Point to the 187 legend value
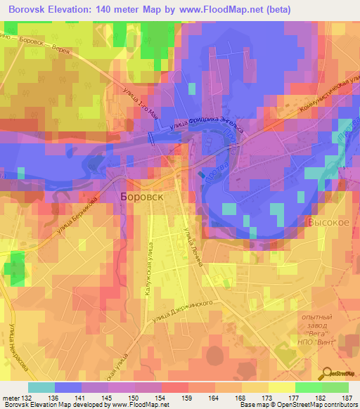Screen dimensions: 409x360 [x=347, y=398]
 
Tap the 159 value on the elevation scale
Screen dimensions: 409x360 [x=188, y=398]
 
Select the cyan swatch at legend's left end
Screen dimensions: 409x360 [x=41, y=387]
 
